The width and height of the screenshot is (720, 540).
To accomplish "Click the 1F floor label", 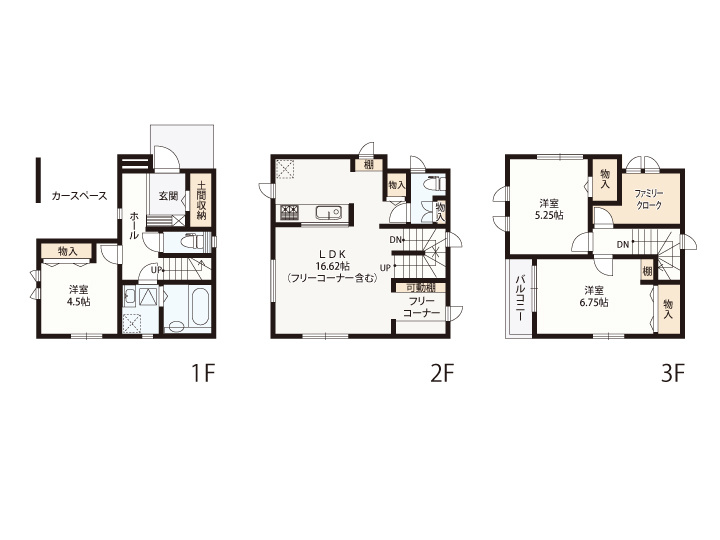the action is tap(202, 374).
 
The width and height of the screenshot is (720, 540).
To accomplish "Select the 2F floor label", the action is tap(442, 374).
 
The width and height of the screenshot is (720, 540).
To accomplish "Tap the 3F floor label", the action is tap(673, 374).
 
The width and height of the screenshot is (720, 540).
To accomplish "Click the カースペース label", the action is tap(79, 196).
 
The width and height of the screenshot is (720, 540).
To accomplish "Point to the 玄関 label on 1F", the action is tap(169, 196).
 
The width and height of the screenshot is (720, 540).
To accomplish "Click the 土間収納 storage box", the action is tap(201, 200).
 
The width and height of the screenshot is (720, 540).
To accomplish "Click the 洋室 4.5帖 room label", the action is tap(79, 296).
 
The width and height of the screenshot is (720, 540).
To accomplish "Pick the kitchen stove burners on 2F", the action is tap(289, 212).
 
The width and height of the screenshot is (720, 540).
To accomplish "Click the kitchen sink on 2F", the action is tap(328, 212).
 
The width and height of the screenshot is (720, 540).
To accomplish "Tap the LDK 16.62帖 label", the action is tap(332, 265).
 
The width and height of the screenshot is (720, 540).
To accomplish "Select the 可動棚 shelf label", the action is tap(421, 288).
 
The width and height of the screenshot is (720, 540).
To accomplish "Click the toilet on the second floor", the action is tap(435, 183).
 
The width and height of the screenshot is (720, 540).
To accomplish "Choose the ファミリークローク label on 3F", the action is tap(648, 198).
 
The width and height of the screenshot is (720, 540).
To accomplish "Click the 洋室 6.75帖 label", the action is tap(596, 296).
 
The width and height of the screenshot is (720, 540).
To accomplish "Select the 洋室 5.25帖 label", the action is tap(551, 209).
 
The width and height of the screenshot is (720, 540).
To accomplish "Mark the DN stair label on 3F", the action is tap(623, 245).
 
